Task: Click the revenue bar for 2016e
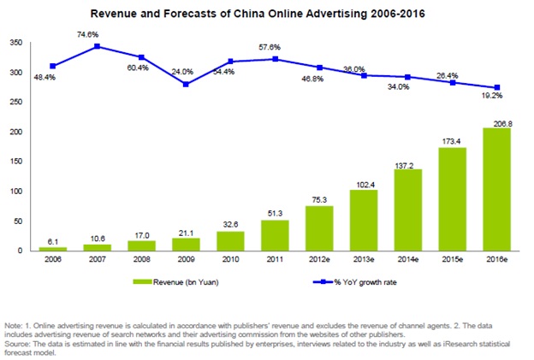[x=497, y=190]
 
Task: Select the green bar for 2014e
[x=405, y=210]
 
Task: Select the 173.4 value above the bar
[x=451, y=139]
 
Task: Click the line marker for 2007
[x=98, y=46]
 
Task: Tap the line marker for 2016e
[x=497, y=87]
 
